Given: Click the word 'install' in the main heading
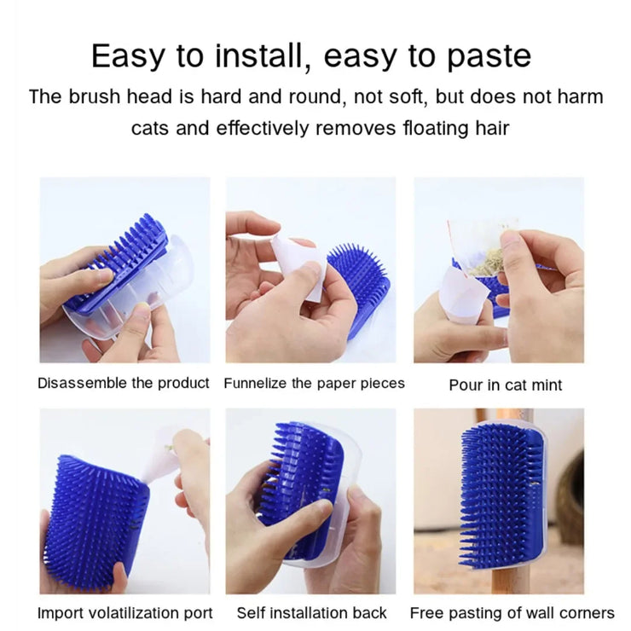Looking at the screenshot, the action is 258,55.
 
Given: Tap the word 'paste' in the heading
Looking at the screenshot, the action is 489,56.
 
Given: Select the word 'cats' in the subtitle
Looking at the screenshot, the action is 150,129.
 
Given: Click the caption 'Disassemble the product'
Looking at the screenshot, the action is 124,383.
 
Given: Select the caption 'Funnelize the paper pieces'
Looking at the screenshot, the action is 315,383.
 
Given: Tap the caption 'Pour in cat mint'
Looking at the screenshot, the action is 505,385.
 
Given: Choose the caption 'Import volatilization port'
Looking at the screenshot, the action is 124,613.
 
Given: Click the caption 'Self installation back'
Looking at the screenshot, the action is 311,613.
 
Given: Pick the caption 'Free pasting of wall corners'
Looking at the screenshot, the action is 512,613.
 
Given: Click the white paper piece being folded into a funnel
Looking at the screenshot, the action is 298,268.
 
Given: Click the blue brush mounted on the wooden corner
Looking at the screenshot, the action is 503,495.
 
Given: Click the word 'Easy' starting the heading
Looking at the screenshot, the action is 128,56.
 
